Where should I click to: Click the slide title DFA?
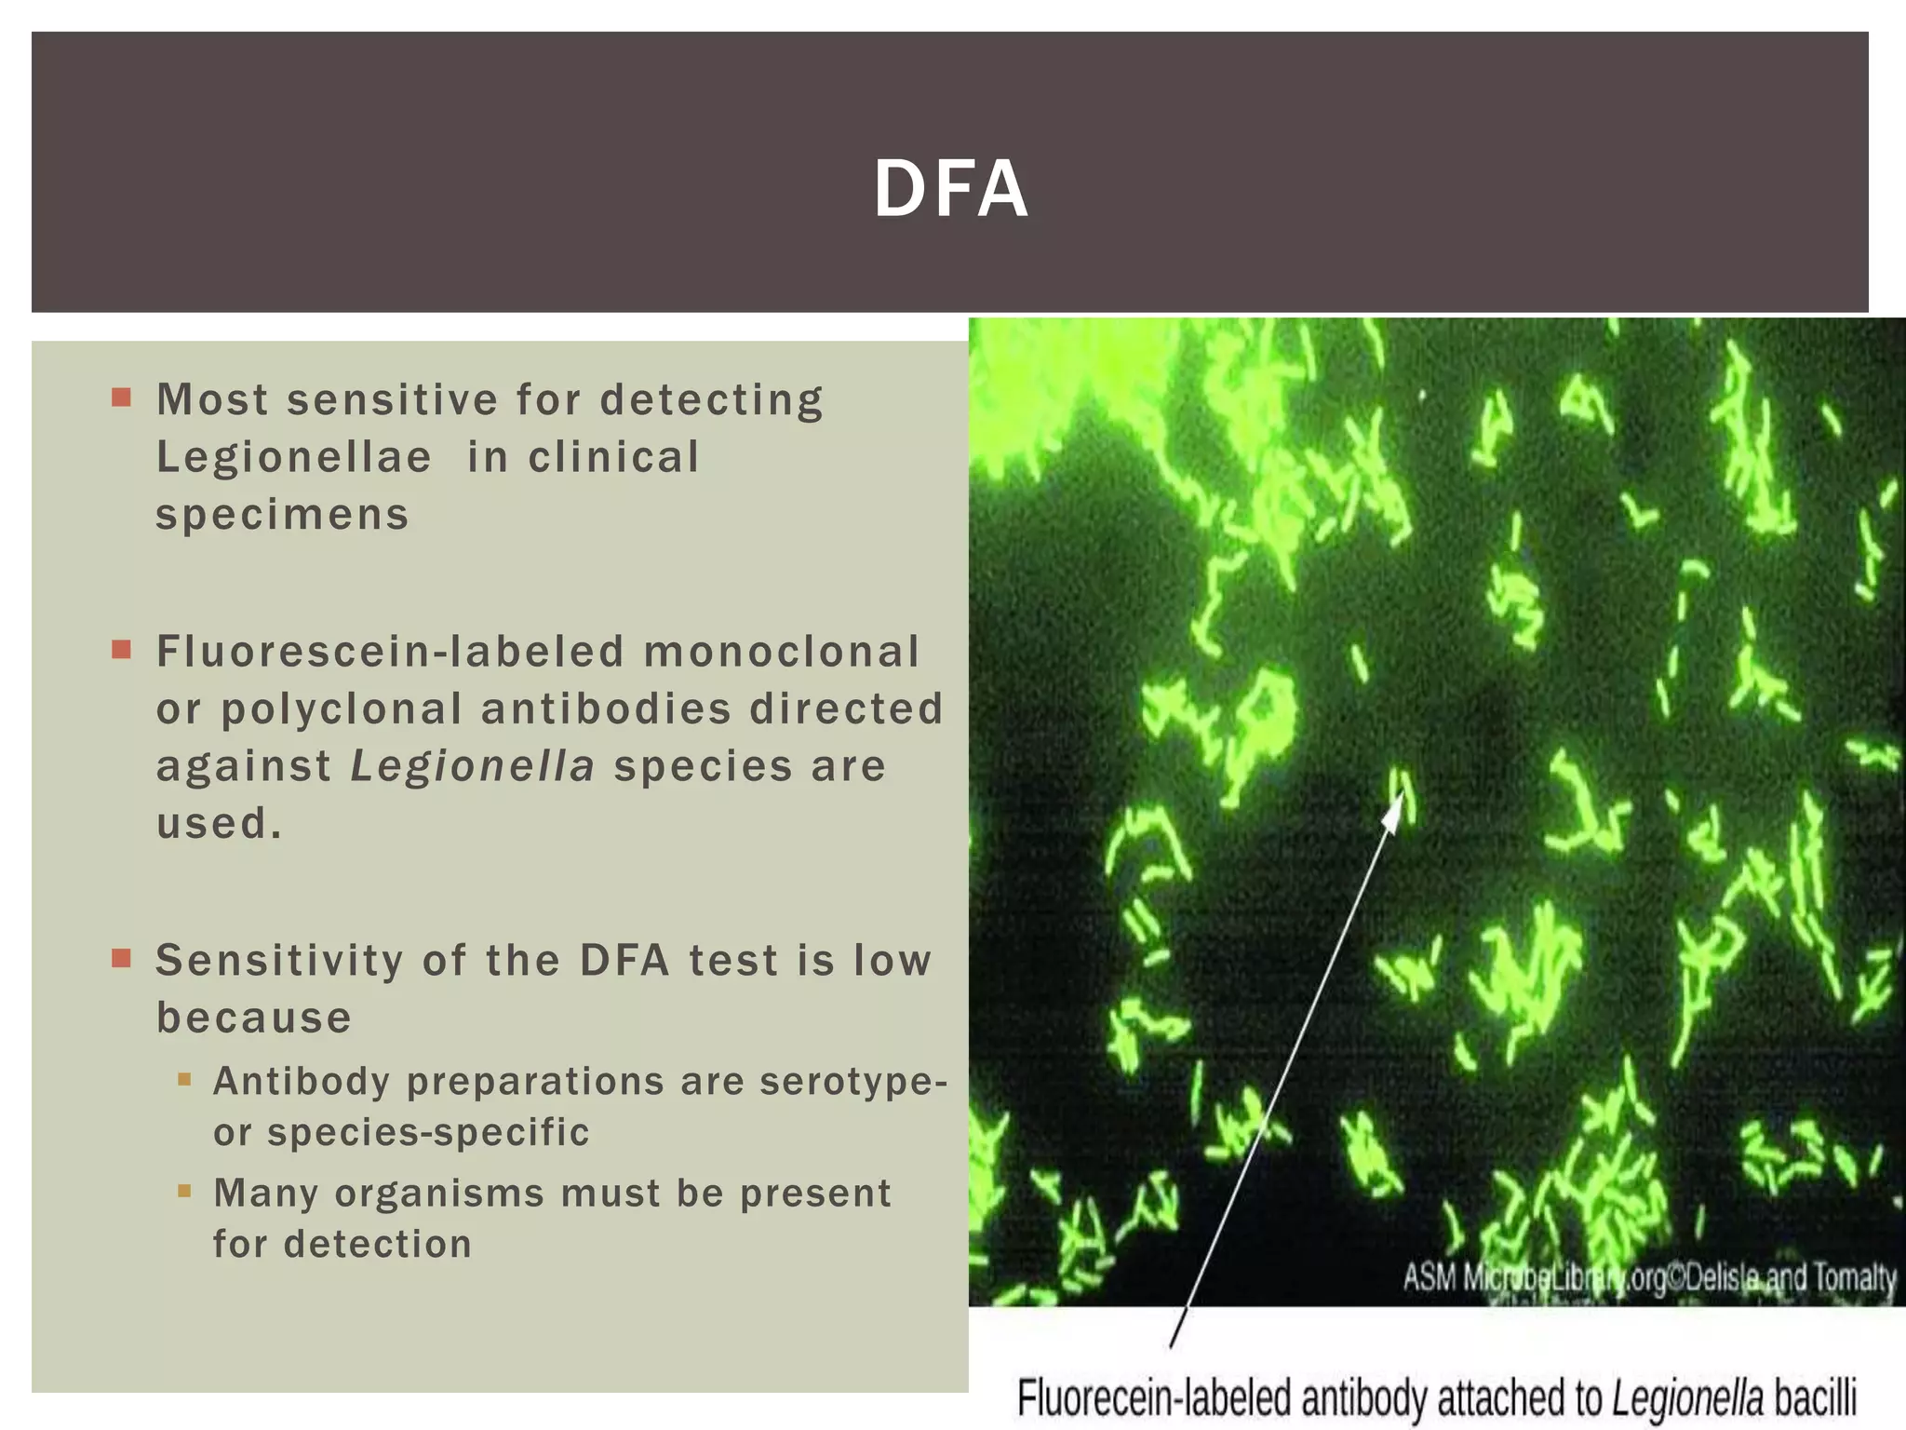coord(950,189)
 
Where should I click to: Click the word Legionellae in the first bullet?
coord(294,458)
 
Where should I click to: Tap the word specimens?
coord(282,515)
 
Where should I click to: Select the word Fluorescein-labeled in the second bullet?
coord(390,652)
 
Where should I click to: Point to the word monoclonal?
coord(781,652)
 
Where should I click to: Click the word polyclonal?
coord(342,709)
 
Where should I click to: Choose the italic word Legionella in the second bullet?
coord(472,767)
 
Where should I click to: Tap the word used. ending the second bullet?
coord(219,824)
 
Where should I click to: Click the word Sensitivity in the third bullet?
coord(279,961)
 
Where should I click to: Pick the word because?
coord(253,1018)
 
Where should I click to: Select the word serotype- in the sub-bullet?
coord(853,1082)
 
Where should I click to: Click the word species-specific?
coord(428,1133)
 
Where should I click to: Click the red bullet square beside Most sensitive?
coord(121,398)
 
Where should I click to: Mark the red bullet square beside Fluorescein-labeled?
coord(121,650)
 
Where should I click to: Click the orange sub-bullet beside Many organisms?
coord(184,1191)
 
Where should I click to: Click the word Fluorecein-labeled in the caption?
coord(1154,1399)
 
